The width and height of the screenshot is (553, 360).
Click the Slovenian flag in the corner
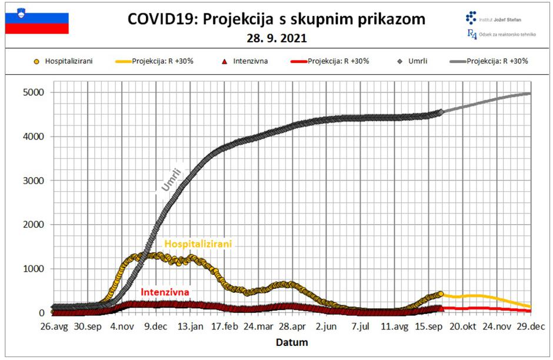[x=36, y=24]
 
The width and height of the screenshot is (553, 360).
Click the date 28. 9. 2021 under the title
[x=276, y=39]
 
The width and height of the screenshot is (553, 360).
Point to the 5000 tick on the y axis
[x=34, y=92]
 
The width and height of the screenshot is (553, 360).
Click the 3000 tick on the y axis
[x=34, y=181]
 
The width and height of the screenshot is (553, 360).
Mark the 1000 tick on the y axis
[x=34, y=269]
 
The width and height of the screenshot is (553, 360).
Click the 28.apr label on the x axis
[x=292, y=326]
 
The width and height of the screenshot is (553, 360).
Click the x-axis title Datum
[x=292, y=342]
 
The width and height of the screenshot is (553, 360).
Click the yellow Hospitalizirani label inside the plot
[x=198, y=244]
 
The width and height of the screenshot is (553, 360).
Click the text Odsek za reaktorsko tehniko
[x=509, y=35]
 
